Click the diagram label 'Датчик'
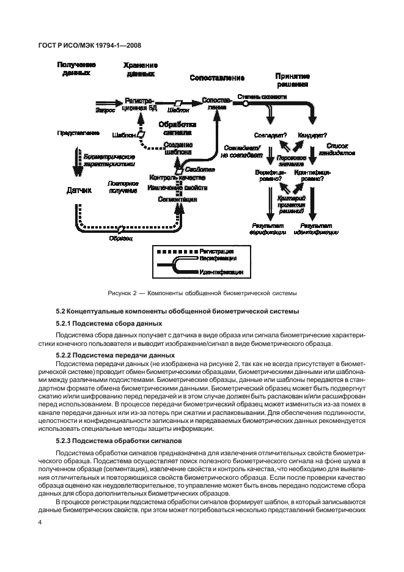(x=78, y=191)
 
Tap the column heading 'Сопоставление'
(x=217, y=78)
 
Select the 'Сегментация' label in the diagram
(x=177, y=199)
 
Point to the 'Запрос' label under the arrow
(x=106, y=110)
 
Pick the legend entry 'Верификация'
(x=220, y=260)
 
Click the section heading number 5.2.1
(x=66, y=323)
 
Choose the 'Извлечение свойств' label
(x=178, y=188)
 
